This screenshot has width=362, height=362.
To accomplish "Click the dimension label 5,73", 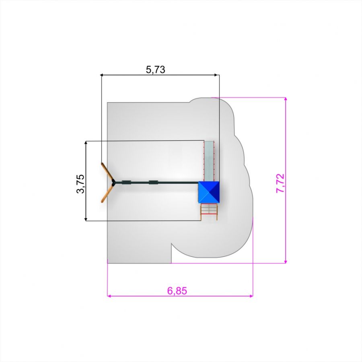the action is pyautogui.click(x=156, y=70).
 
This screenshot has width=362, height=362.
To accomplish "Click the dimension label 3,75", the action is pyautogui.click(x=80, y=184).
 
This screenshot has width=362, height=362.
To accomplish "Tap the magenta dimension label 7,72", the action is pyautogui.click(x=280, y=183).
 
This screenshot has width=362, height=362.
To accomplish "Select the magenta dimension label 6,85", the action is pyautogui.click(x=177, y=291).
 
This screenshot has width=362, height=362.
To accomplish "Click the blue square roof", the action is pyautogui.click(x=209, y=192).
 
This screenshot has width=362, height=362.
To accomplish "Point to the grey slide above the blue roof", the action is pyautogui.click(x=209, y=161).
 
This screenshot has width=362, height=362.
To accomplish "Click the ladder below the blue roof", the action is pyautogui.click(x=209, y=212).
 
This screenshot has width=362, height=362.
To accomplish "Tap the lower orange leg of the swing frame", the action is pyautogui.click(x=107, y=193).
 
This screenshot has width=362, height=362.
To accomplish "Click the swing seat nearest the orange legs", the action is pyautogui.click(x=126, y=183).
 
